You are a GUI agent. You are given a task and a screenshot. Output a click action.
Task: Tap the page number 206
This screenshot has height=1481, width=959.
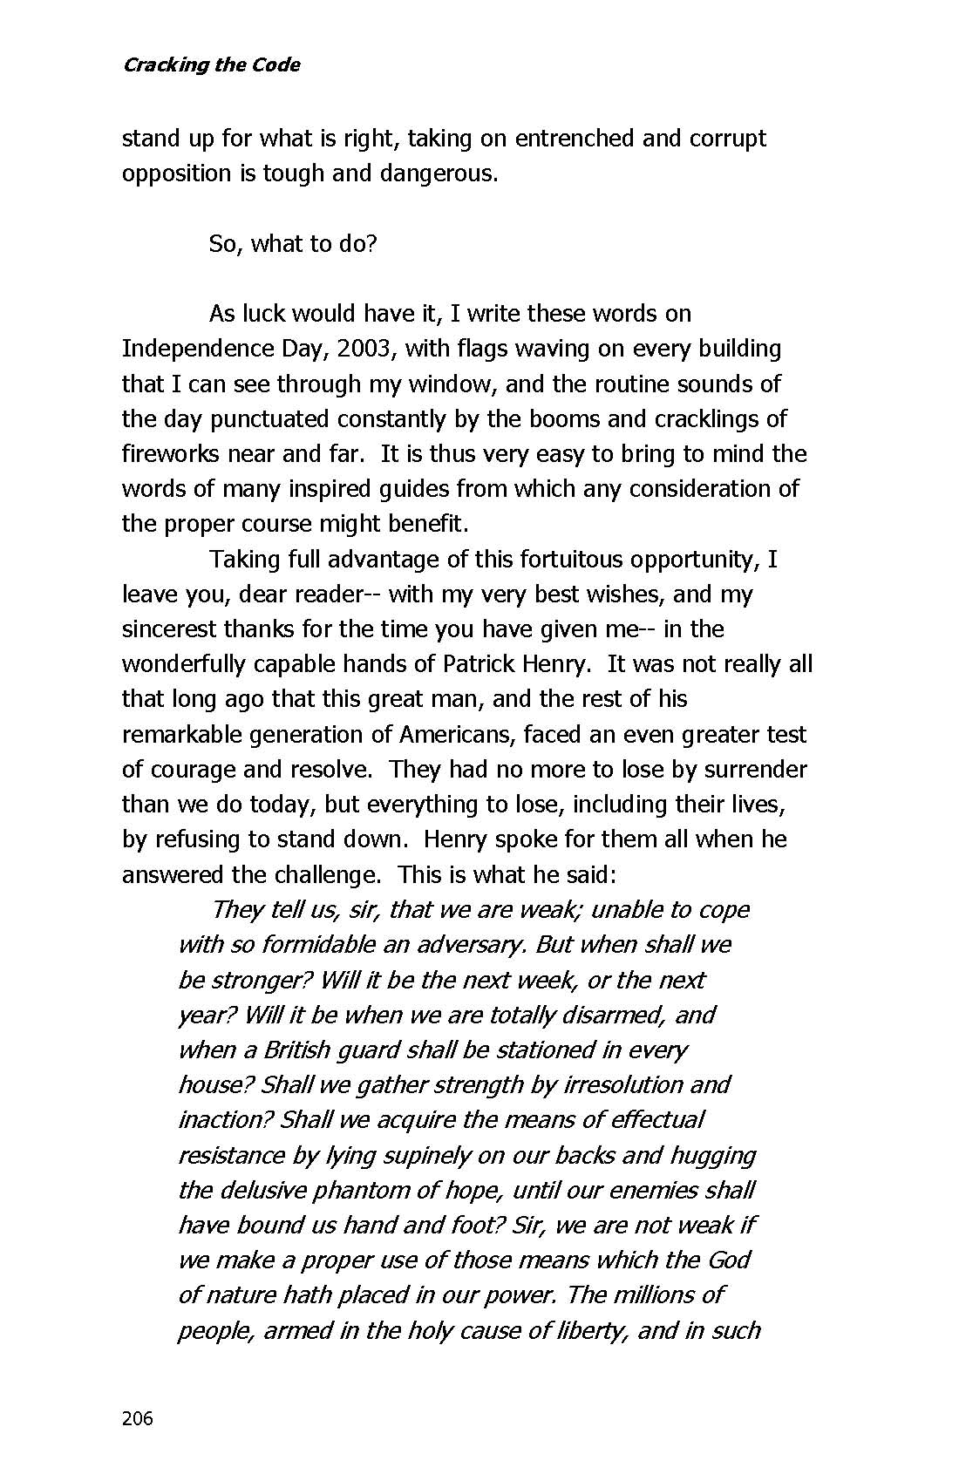click(x=137, y=1418)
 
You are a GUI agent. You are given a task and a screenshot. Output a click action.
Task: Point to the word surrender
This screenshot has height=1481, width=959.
click(x=750, y=769)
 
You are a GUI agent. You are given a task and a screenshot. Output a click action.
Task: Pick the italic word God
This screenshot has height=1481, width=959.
click(x=729, y=1260)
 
